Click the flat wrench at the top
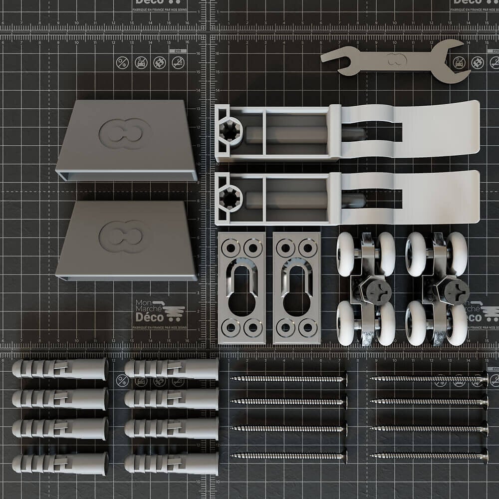click(x=394, y=61)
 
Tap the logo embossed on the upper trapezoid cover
click(x=125, y=133)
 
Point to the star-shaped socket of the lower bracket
click(x=231, y=198)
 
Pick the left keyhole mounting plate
click(x=242, y=288)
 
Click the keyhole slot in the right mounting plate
click(x=296, y=287)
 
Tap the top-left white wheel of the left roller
click(x=345, y=253)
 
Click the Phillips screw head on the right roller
click(x=456, y=291)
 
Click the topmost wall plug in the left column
click(x=60, y=369)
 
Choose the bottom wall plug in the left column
click(x=60, y=464)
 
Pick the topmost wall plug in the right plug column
click(x=171, y=369)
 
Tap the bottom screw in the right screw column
click(x=429, y=455)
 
